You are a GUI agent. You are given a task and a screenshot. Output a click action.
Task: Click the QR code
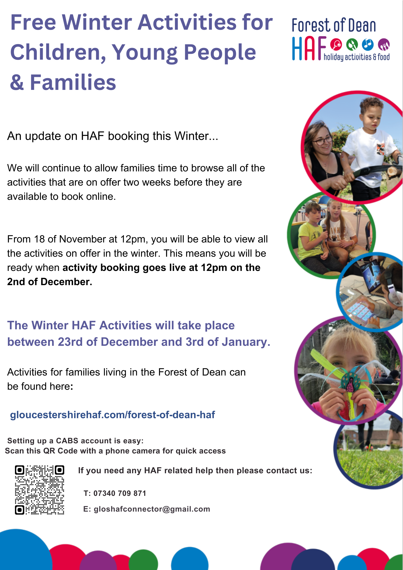coord(40,490)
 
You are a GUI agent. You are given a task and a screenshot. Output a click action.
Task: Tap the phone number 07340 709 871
coord(120,493)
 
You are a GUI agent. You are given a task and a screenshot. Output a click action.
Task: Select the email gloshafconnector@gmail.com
coord(152,509)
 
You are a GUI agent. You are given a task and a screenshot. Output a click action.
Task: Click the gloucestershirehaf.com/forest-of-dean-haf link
coord(112,415)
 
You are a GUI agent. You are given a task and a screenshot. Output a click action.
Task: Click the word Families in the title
coord(73,82)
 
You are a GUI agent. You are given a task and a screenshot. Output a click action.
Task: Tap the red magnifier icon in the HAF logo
coord(336,45)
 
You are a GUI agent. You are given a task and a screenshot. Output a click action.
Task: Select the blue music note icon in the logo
coord(368,44)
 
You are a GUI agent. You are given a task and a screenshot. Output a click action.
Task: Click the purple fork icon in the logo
coord(384,44)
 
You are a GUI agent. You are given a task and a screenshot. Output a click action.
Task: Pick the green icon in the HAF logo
coord(352,44)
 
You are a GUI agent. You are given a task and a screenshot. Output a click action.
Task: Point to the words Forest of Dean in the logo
coord(334,25)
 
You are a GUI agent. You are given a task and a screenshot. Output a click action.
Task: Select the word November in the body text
coord(82,239)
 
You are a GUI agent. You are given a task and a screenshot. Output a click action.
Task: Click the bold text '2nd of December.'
coord(50,282)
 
